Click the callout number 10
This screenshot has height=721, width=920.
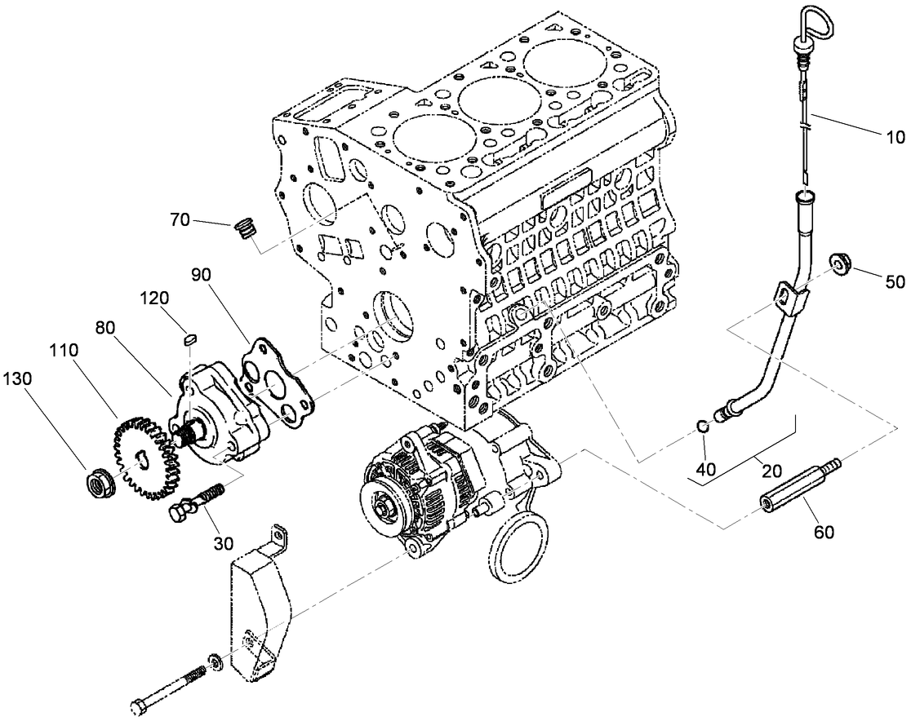[x=895, y=138]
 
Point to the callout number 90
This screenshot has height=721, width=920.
[x=201, y=273]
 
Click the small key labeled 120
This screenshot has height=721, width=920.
[x=191, y=338]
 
